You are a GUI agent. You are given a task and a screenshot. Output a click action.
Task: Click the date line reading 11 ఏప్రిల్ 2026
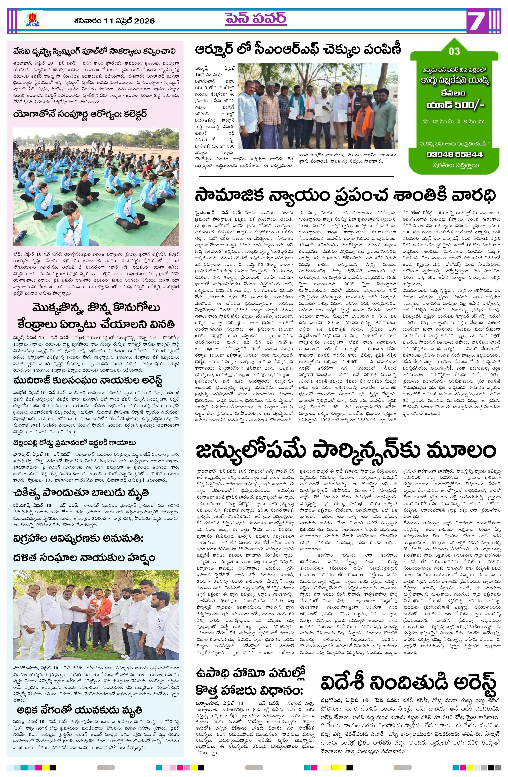tap(114, 21)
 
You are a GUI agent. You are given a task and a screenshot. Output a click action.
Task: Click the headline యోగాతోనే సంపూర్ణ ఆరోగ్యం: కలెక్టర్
tap(80, 115)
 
